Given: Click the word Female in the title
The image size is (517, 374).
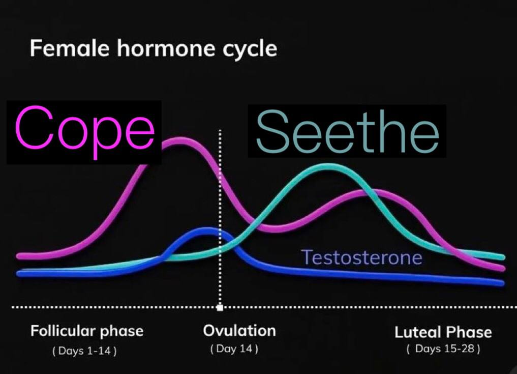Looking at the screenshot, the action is [70, 48].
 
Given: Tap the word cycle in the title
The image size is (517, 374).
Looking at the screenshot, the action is [250, 49].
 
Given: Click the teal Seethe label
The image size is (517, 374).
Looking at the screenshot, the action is [348, 132].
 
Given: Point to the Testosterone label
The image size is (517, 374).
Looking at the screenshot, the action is [362, 257].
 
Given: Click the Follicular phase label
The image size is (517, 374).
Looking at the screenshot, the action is [87, 331].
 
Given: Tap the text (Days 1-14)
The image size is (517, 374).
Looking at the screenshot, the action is [84, 350].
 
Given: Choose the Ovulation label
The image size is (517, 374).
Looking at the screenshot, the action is [239, 330].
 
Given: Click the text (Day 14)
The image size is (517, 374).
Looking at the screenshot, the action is [234, 349].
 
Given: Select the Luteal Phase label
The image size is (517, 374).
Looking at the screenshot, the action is [443, 332].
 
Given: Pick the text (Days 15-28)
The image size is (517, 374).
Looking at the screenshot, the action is [443, 349].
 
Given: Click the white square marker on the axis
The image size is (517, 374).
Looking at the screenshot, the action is [220, 308].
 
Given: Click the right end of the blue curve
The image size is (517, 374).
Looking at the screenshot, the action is [502, 283].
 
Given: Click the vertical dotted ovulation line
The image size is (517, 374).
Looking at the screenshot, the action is [220, 218].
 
